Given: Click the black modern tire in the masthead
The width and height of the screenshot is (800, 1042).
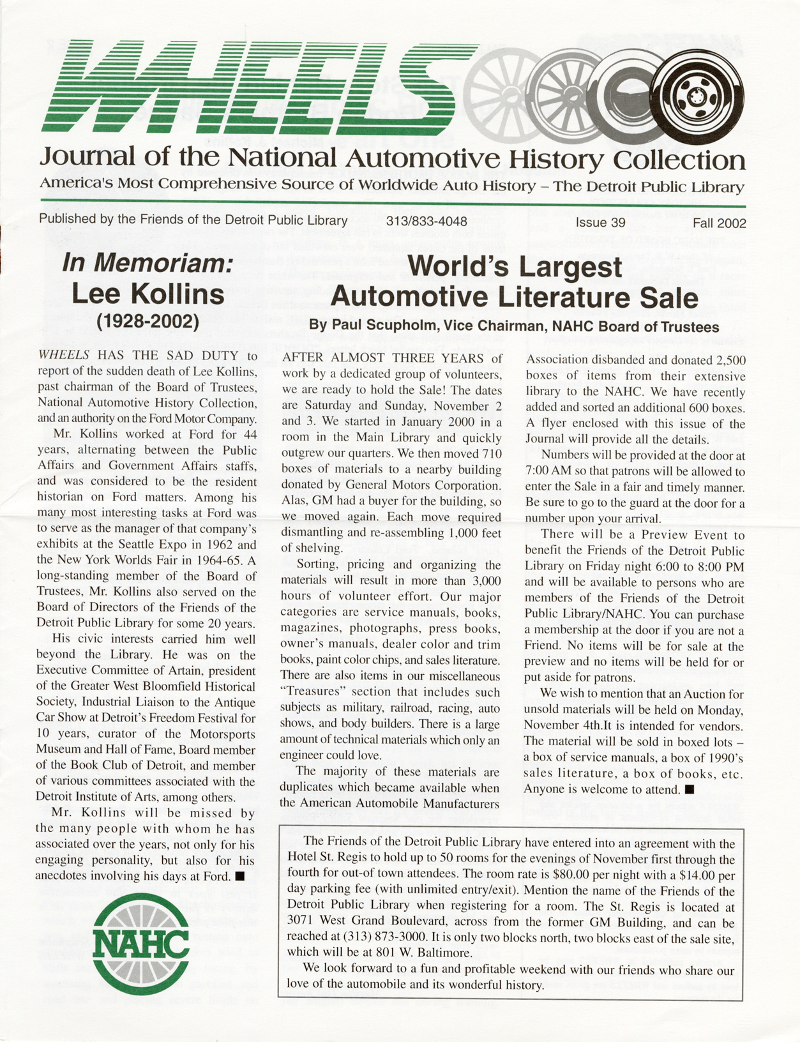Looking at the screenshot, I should (698, 98).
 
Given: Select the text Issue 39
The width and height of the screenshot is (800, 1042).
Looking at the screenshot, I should (600, 223).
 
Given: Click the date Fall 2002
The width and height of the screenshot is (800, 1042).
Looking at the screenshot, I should (720, 223).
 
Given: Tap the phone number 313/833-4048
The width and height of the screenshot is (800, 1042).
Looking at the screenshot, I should (426, 222).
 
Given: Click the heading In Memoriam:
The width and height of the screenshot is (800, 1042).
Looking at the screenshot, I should (147, 264).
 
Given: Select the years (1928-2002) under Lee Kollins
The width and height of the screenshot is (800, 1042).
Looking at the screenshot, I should (147, 321).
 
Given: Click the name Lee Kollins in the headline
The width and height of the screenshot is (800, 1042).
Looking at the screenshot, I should (147, 293).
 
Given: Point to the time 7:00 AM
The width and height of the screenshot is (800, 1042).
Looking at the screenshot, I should (548, 472).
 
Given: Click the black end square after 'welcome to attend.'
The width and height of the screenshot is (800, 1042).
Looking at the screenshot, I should (689, 789).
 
